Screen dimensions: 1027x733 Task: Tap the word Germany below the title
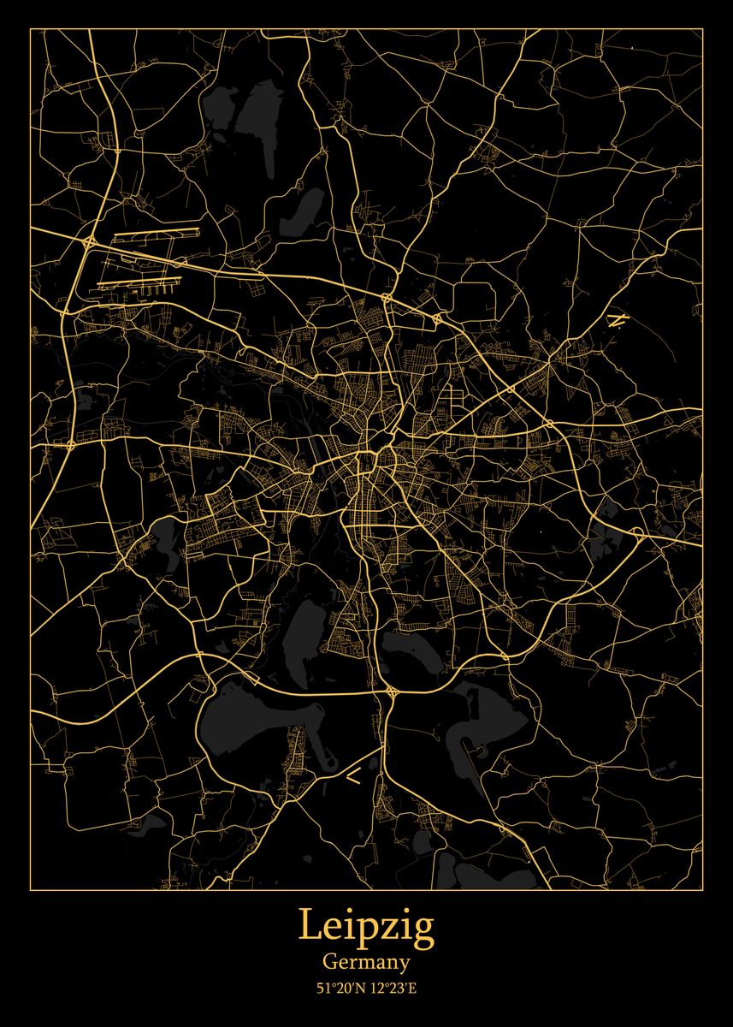coord(366,962)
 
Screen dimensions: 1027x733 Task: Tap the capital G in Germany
coord(329,961)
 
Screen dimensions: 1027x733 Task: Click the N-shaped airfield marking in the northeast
coord(614,320)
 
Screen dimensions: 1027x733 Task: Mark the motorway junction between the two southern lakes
coord(389,690)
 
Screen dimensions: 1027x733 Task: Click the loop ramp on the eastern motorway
coord(636,534)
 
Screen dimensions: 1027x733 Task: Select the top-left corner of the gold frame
coord(31,29)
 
